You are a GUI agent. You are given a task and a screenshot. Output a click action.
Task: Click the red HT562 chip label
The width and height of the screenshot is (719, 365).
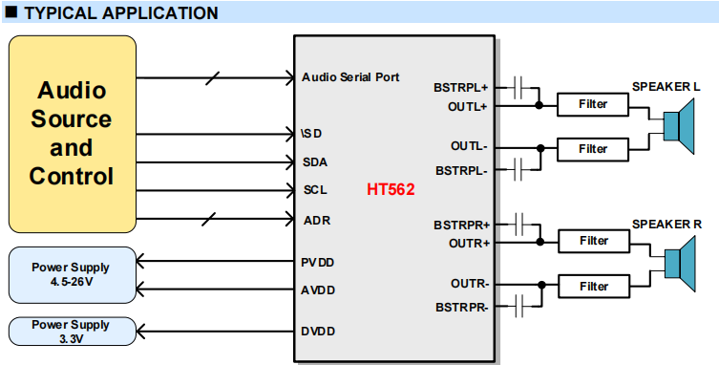391,189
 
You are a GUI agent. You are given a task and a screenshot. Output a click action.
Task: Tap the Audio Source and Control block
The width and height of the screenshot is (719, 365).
72,134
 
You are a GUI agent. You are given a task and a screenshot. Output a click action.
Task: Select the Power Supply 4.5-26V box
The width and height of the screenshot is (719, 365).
71,274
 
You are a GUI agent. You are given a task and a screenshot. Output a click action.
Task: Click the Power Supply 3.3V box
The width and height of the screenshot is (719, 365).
71,332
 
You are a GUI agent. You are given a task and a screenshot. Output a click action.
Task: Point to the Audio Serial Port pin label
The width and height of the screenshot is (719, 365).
350,76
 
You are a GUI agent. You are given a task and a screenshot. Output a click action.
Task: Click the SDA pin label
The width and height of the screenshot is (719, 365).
316,161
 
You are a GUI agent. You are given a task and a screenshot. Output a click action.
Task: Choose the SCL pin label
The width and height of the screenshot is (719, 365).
316,189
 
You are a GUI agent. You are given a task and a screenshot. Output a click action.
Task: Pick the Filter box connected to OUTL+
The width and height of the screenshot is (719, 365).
593,104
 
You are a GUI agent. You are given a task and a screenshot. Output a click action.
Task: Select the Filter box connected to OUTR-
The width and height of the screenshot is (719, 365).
593,286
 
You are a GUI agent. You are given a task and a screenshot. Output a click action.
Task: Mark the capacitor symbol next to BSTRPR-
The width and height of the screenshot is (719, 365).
520,307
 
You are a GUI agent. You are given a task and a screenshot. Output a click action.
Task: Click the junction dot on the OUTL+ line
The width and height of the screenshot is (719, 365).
540,105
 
